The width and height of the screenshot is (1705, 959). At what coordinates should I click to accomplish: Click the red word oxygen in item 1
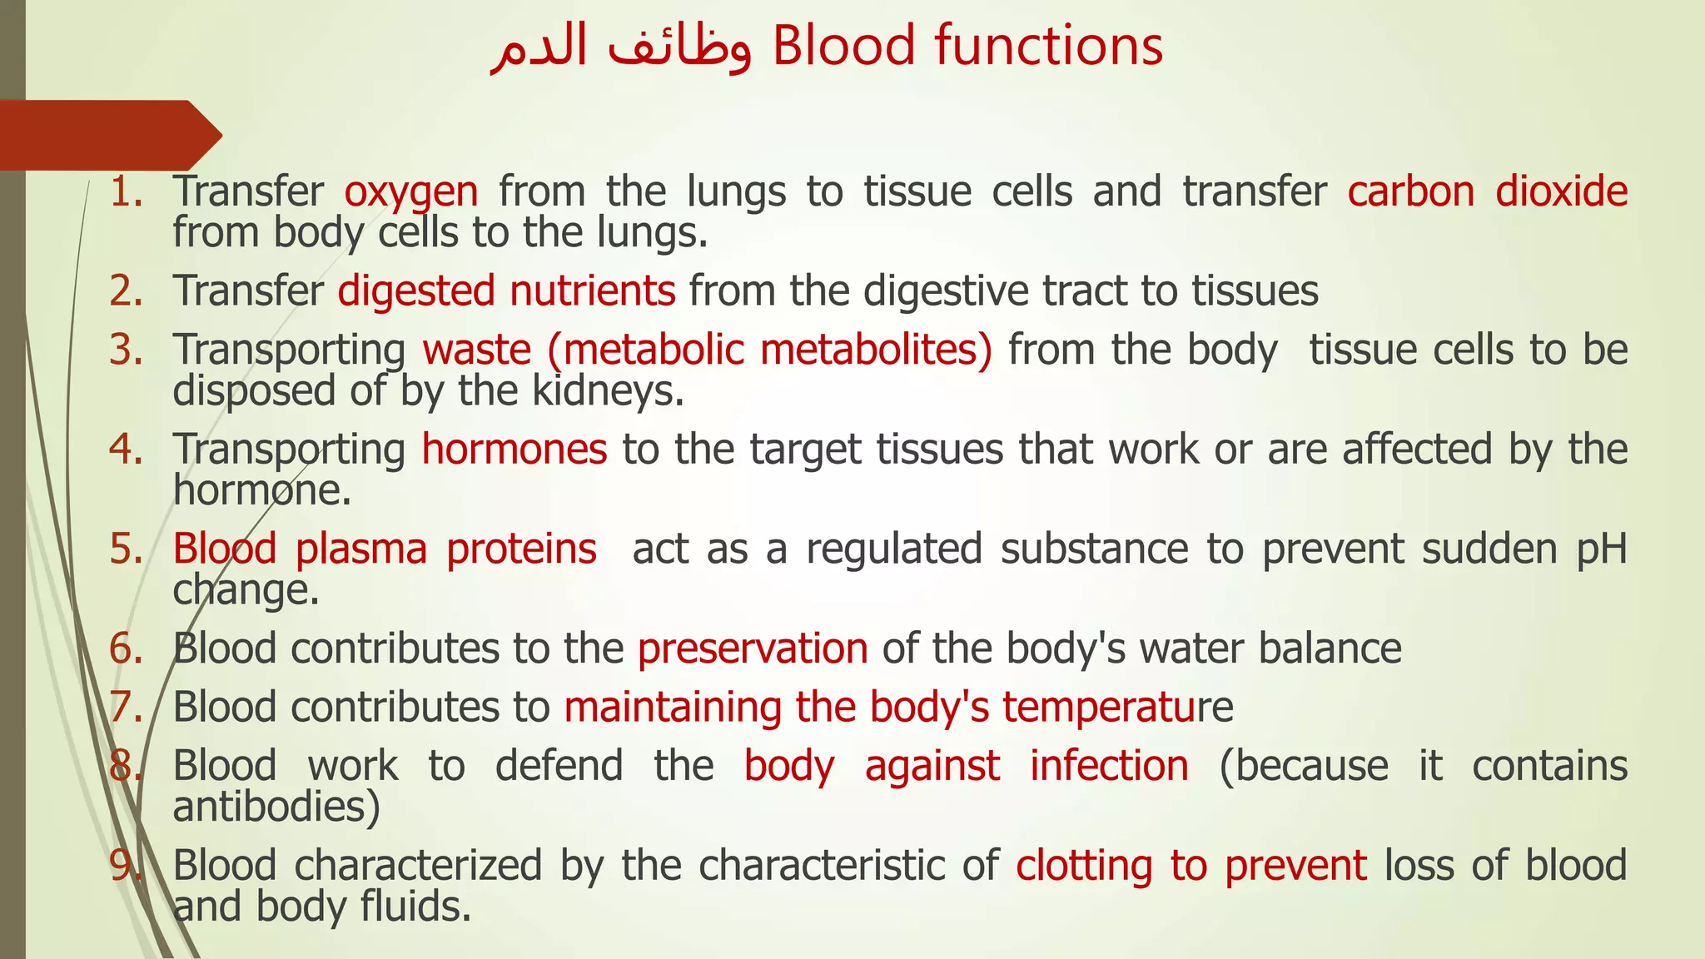[411, 192]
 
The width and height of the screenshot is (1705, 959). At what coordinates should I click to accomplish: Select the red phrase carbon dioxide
[1487, 192]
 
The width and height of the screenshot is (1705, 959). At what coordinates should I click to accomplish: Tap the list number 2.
[126, 291]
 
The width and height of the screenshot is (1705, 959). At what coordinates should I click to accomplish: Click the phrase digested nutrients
[506, 291]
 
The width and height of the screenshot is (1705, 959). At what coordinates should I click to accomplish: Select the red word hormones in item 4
[514, 450]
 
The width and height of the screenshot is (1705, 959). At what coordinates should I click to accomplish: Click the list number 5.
[126, 549]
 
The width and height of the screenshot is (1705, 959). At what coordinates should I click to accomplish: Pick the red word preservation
[753, 648]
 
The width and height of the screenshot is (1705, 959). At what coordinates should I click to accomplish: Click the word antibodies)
[276, 806]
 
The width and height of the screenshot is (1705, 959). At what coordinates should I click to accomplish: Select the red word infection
[1109, 766]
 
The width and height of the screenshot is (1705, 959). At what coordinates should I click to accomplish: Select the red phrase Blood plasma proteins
[385, 549]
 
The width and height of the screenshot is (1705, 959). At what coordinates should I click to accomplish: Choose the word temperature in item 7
[1116, 708]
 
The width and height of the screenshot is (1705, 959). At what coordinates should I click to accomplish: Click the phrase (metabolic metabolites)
[769, 350]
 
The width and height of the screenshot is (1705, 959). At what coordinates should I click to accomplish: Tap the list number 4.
[126, 450]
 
